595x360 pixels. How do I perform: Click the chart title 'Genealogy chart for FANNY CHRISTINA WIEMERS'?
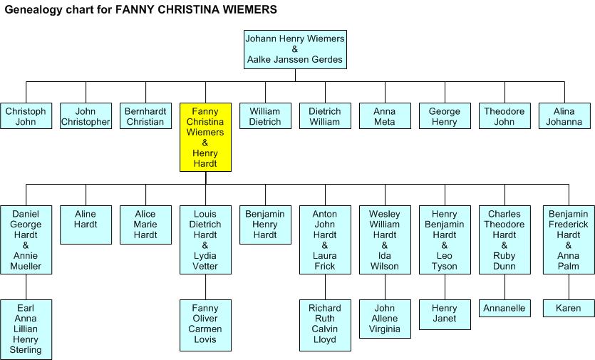141,11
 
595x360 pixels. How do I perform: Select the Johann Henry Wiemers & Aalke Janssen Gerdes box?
295,49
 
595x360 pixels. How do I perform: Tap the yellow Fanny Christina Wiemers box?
205,138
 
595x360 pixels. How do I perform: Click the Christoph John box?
26,116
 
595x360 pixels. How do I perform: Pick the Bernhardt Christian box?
145,116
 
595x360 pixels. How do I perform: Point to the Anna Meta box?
385,116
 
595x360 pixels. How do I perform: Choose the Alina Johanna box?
564,116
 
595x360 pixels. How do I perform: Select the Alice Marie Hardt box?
145,225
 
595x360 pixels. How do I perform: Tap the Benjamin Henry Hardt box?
265,225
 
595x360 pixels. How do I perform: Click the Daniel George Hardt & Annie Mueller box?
26,240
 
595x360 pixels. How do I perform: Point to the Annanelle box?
505,309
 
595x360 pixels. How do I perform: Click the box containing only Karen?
569,309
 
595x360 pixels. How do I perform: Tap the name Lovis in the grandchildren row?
205,339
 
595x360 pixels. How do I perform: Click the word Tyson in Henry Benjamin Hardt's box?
444,267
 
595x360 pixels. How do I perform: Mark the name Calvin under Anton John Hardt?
325,329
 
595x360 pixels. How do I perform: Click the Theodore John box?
504,116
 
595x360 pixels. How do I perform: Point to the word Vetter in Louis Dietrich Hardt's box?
205,267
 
